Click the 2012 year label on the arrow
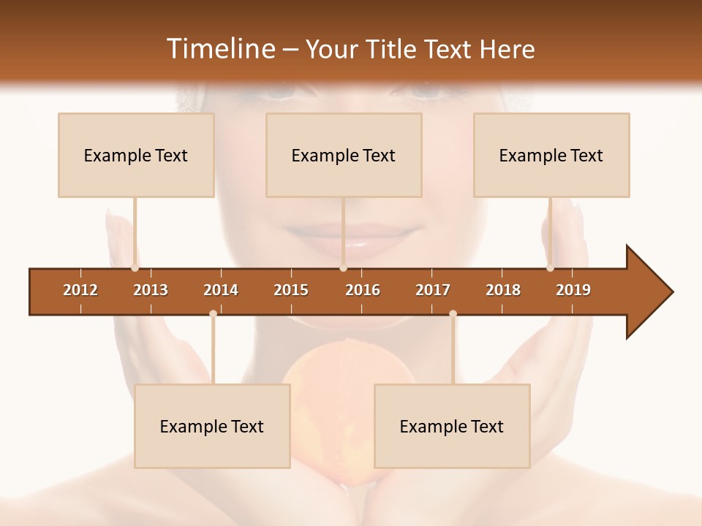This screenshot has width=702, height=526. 80,290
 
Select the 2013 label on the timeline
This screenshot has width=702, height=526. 151,290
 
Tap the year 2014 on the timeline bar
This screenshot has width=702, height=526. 221,290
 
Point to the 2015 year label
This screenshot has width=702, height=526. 291,290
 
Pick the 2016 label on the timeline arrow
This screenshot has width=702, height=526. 363,290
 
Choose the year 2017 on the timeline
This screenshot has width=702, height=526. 433,290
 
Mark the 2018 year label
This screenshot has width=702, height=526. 503,290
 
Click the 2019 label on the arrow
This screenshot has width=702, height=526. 573,290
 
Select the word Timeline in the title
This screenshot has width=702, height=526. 219,49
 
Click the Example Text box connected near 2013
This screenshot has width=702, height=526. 136,155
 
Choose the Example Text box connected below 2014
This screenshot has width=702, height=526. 212,426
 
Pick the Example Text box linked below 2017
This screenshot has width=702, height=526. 452,426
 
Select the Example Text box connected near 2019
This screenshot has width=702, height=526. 551,155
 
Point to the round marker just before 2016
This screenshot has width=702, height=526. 343,268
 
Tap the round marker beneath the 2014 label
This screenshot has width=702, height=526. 213,313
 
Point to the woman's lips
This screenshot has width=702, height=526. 344,237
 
